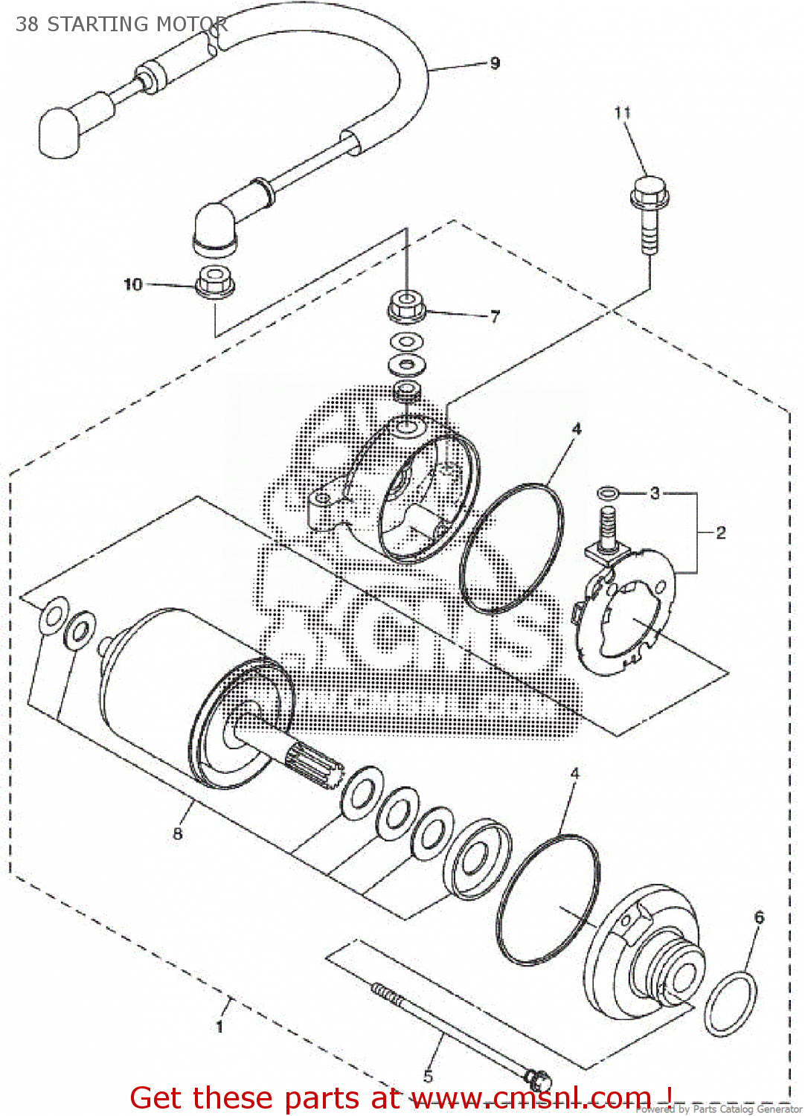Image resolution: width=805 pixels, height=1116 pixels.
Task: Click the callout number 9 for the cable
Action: [495, 63]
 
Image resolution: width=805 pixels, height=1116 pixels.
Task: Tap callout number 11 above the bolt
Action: [623, 112]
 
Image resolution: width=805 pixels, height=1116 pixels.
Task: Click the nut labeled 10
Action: [215, 281]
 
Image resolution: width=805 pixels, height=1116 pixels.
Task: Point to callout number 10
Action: [132, 284]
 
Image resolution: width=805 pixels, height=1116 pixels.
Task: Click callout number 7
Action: [495, 316]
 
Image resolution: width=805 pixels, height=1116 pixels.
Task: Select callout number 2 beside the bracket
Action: [720, 532]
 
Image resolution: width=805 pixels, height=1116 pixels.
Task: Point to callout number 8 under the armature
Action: [177, 833]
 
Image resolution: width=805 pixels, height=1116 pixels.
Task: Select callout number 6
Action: [759, 917]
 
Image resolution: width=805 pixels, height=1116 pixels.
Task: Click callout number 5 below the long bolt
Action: [429, 1076]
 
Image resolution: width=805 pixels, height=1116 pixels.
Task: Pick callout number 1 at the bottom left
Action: [219, 1027]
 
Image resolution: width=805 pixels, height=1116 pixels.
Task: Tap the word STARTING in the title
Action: [97, 24]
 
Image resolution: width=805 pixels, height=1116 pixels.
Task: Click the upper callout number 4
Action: [576, 429]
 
